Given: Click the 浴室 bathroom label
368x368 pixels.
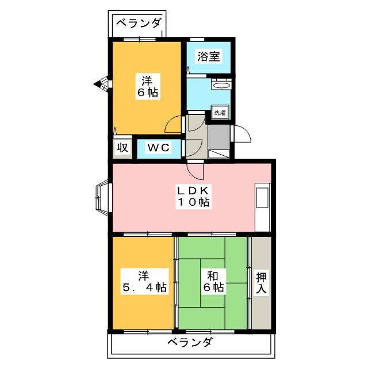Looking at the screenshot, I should pos(208,57).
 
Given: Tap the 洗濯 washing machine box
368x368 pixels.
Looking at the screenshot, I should pos(220,113).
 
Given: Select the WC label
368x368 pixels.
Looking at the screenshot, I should pos(158,147).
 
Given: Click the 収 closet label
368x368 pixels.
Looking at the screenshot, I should pos(122,147).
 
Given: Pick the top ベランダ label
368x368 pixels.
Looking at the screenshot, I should pos(138,24).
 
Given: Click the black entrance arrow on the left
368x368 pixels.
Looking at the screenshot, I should pos(99,85).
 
